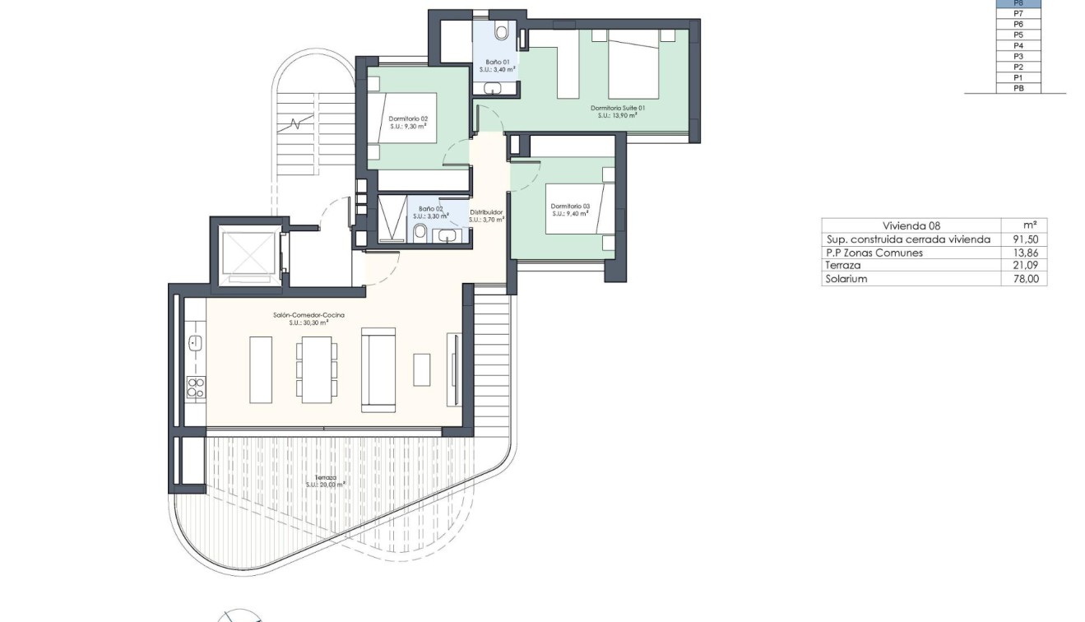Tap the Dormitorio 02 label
point(408,118)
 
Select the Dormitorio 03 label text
point(570,206)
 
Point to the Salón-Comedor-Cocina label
point(308,315)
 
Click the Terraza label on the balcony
point(324,477)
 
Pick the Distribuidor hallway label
point(486,212)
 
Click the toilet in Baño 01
point(501,31)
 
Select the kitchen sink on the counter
point(196,343)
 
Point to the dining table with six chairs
point(317,369)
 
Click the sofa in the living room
point(379,369)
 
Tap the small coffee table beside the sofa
point(421,369)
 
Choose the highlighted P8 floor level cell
point(1018,3)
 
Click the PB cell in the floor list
point(1018,88)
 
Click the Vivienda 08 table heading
point(911,225)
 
